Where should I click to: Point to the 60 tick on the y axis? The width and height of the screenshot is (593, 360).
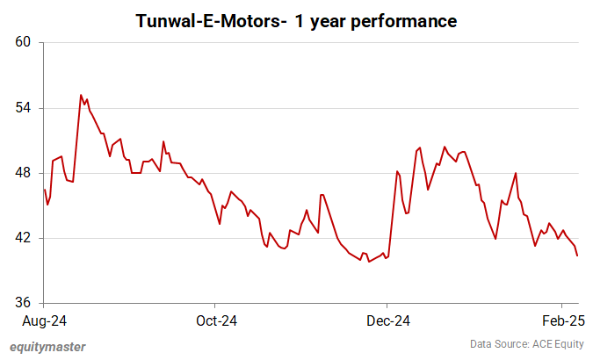[x=23, y=42]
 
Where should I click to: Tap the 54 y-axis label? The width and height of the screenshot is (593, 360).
[x=23, y=108]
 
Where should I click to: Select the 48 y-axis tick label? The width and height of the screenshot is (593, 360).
[x=23, y=173]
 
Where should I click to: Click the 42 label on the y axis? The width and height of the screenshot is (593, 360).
[x=23, y=238]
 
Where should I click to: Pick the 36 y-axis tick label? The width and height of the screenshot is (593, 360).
[x=23, y=303]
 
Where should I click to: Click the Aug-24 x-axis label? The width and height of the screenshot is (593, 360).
[x=44, y=320]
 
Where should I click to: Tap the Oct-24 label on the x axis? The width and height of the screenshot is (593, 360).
[x=215, y=320]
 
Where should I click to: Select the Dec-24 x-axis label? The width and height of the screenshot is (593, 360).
[x=388, y=320]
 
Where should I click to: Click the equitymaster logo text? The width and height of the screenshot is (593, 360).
[x=47, y=346]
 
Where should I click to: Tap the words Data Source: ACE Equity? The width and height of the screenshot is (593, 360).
[x=527, y=344]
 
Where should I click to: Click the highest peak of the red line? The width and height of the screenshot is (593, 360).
[x=81, y=95]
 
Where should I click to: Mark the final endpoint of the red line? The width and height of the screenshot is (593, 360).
[x=576, y=256]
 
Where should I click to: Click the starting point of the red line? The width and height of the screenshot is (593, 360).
[x=44, y=190]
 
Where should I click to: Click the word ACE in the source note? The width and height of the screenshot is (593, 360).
[x=535, y=344]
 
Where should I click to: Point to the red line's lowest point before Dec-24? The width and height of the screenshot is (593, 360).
[x=368, y=262]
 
